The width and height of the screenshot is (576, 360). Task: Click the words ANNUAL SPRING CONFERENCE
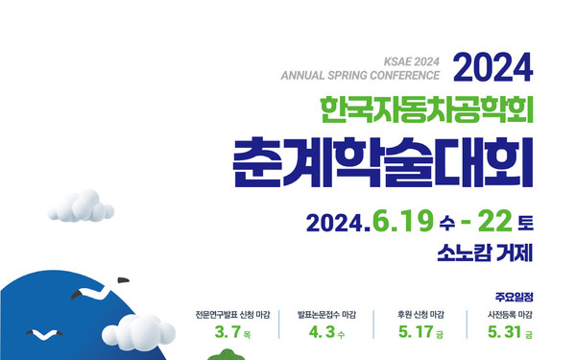click(x=359, y=74)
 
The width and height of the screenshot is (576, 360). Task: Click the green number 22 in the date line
click(x=494, y=222)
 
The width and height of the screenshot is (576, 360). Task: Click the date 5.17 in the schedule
click(x=417, y=334)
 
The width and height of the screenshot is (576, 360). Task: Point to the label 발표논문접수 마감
click(x=327, y=314)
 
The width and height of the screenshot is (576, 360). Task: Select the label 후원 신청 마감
click(x=421, y=314)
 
